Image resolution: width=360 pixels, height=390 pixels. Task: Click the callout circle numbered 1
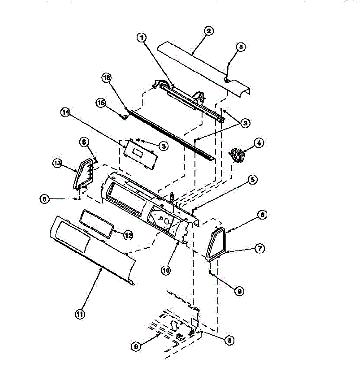coord(141,38)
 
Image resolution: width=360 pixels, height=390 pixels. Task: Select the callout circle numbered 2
coord(208,31)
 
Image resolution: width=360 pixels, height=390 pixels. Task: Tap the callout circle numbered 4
coord(259,143)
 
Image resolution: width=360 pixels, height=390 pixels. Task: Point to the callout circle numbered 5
coord(253,179)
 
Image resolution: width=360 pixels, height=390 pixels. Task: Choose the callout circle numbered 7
coord(260,249)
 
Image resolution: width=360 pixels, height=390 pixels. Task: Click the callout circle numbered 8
coord(229,340)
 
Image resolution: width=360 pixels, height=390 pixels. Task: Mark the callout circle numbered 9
coord(136,347)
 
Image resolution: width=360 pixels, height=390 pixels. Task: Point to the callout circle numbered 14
coord(66,112)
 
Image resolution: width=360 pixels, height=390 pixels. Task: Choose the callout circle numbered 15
coord(100,103)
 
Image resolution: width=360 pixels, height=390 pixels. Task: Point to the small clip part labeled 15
coord(124,116)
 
